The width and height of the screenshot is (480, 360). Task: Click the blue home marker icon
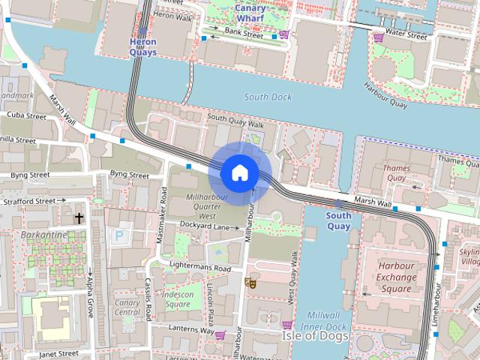pos(239,173)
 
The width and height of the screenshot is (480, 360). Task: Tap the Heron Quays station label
pos(142,46)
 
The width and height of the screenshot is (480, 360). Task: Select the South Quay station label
pos(338,220)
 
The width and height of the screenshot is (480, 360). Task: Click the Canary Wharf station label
pos(250,13)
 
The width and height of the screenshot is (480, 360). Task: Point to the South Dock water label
pos(268,97)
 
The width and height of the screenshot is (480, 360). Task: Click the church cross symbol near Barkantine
pos(79,218)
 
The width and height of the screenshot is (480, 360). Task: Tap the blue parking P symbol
pos(118,235)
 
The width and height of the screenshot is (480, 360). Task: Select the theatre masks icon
pos(250,283)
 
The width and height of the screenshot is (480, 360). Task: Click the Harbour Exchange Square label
pos(396,277)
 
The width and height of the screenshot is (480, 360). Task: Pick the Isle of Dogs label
pos(315,336)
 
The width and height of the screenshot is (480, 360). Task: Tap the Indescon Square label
pos(178,299)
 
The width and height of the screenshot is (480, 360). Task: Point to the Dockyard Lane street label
pos(204,226)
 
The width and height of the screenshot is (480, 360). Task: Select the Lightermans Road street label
pos(199,268)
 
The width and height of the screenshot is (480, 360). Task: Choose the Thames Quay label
pos(396,173)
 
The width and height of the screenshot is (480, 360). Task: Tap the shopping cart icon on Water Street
pos(379,36)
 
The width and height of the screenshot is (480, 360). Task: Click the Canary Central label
pos(127,307)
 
